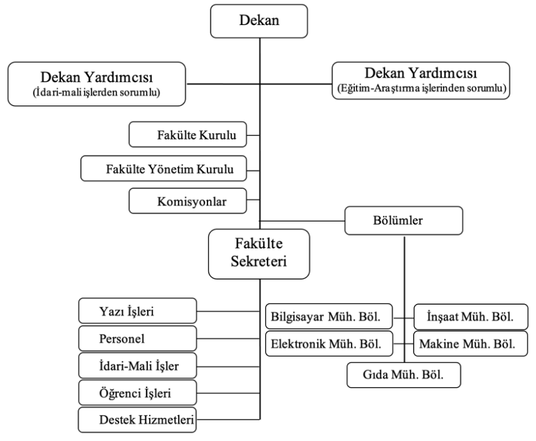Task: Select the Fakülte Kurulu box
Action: coord(188,135)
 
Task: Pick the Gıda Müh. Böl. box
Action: coord(403,375)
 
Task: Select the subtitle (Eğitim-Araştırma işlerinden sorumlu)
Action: coord(421,88)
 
